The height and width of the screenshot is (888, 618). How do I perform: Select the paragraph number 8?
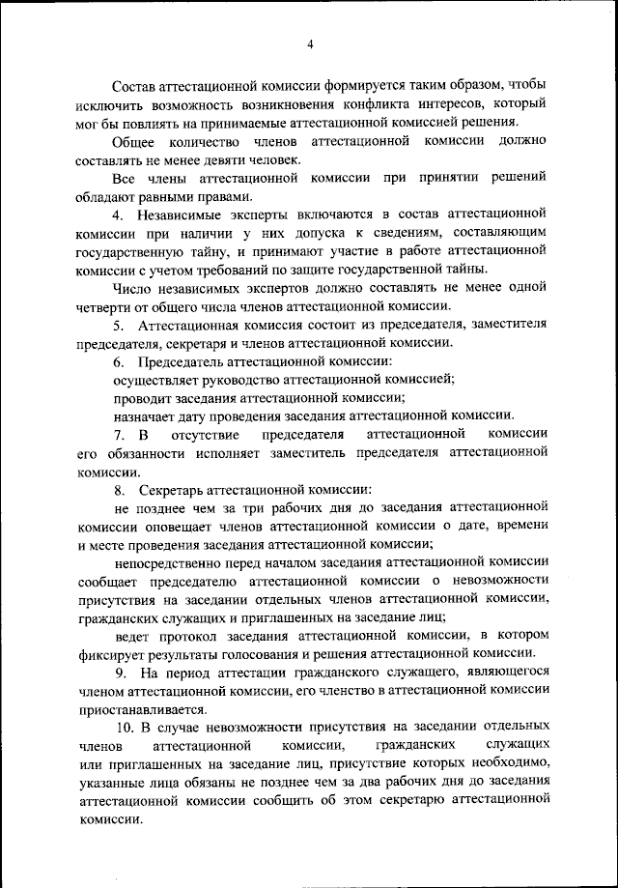pos(118,489)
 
